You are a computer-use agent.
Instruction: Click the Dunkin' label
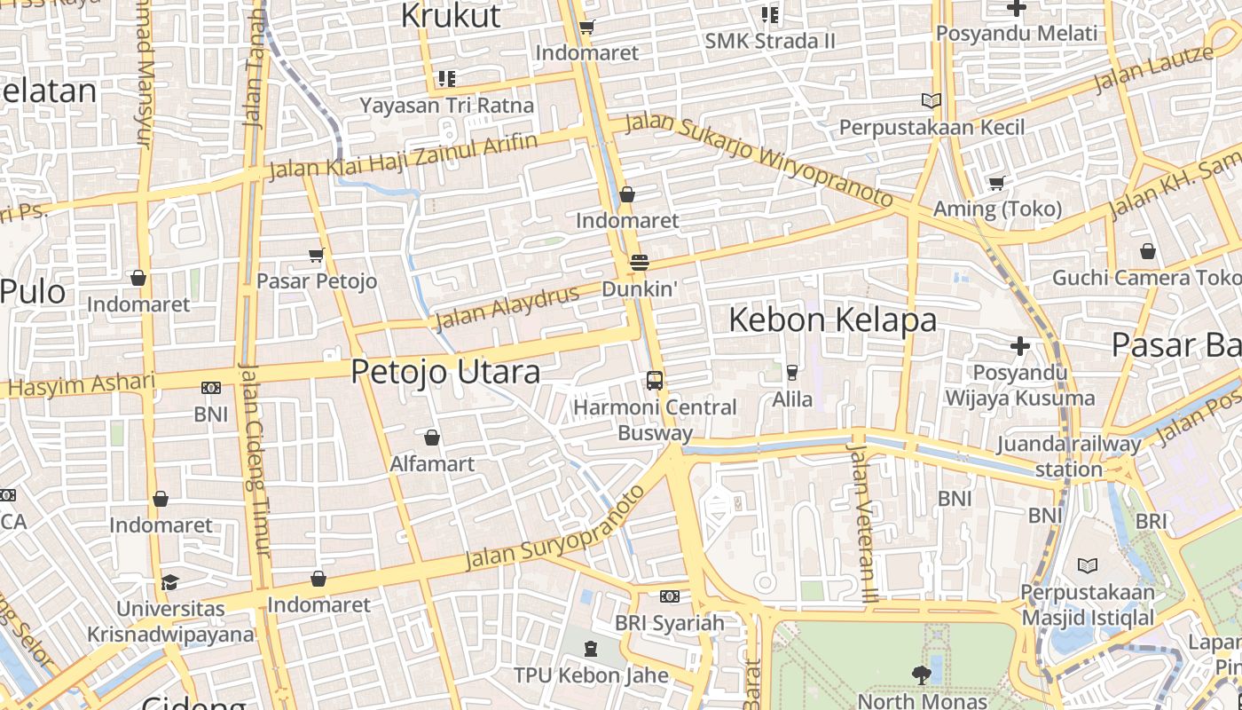pos(640,289)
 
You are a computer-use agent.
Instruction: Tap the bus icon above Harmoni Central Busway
pos(655,381)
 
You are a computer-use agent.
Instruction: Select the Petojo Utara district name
pos(445,371)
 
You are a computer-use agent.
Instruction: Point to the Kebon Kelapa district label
pos(832,319)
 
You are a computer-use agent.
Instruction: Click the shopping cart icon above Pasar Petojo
pos(317,256)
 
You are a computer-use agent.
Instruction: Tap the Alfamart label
pos(432,463)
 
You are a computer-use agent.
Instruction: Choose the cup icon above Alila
pos(792,373)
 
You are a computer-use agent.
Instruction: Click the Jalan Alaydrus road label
pos(507,307)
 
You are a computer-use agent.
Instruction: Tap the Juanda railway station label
pos(1068,456)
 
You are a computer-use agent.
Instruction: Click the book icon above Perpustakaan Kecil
pos(931,101)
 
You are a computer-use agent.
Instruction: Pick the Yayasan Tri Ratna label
pos(447,106)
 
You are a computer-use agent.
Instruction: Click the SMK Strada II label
pos(770,41)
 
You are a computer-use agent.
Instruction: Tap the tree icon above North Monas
pos(923,675)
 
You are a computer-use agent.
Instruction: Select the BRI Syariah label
pos(670,623)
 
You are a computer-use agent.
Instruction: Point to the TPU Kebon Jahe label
pos(591,675)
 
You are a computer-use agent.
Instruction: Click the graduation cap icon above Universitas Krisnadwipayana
pos(169,582)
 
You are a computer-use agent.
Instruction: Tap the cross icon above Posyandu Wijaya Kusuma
pos(1020,345)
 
